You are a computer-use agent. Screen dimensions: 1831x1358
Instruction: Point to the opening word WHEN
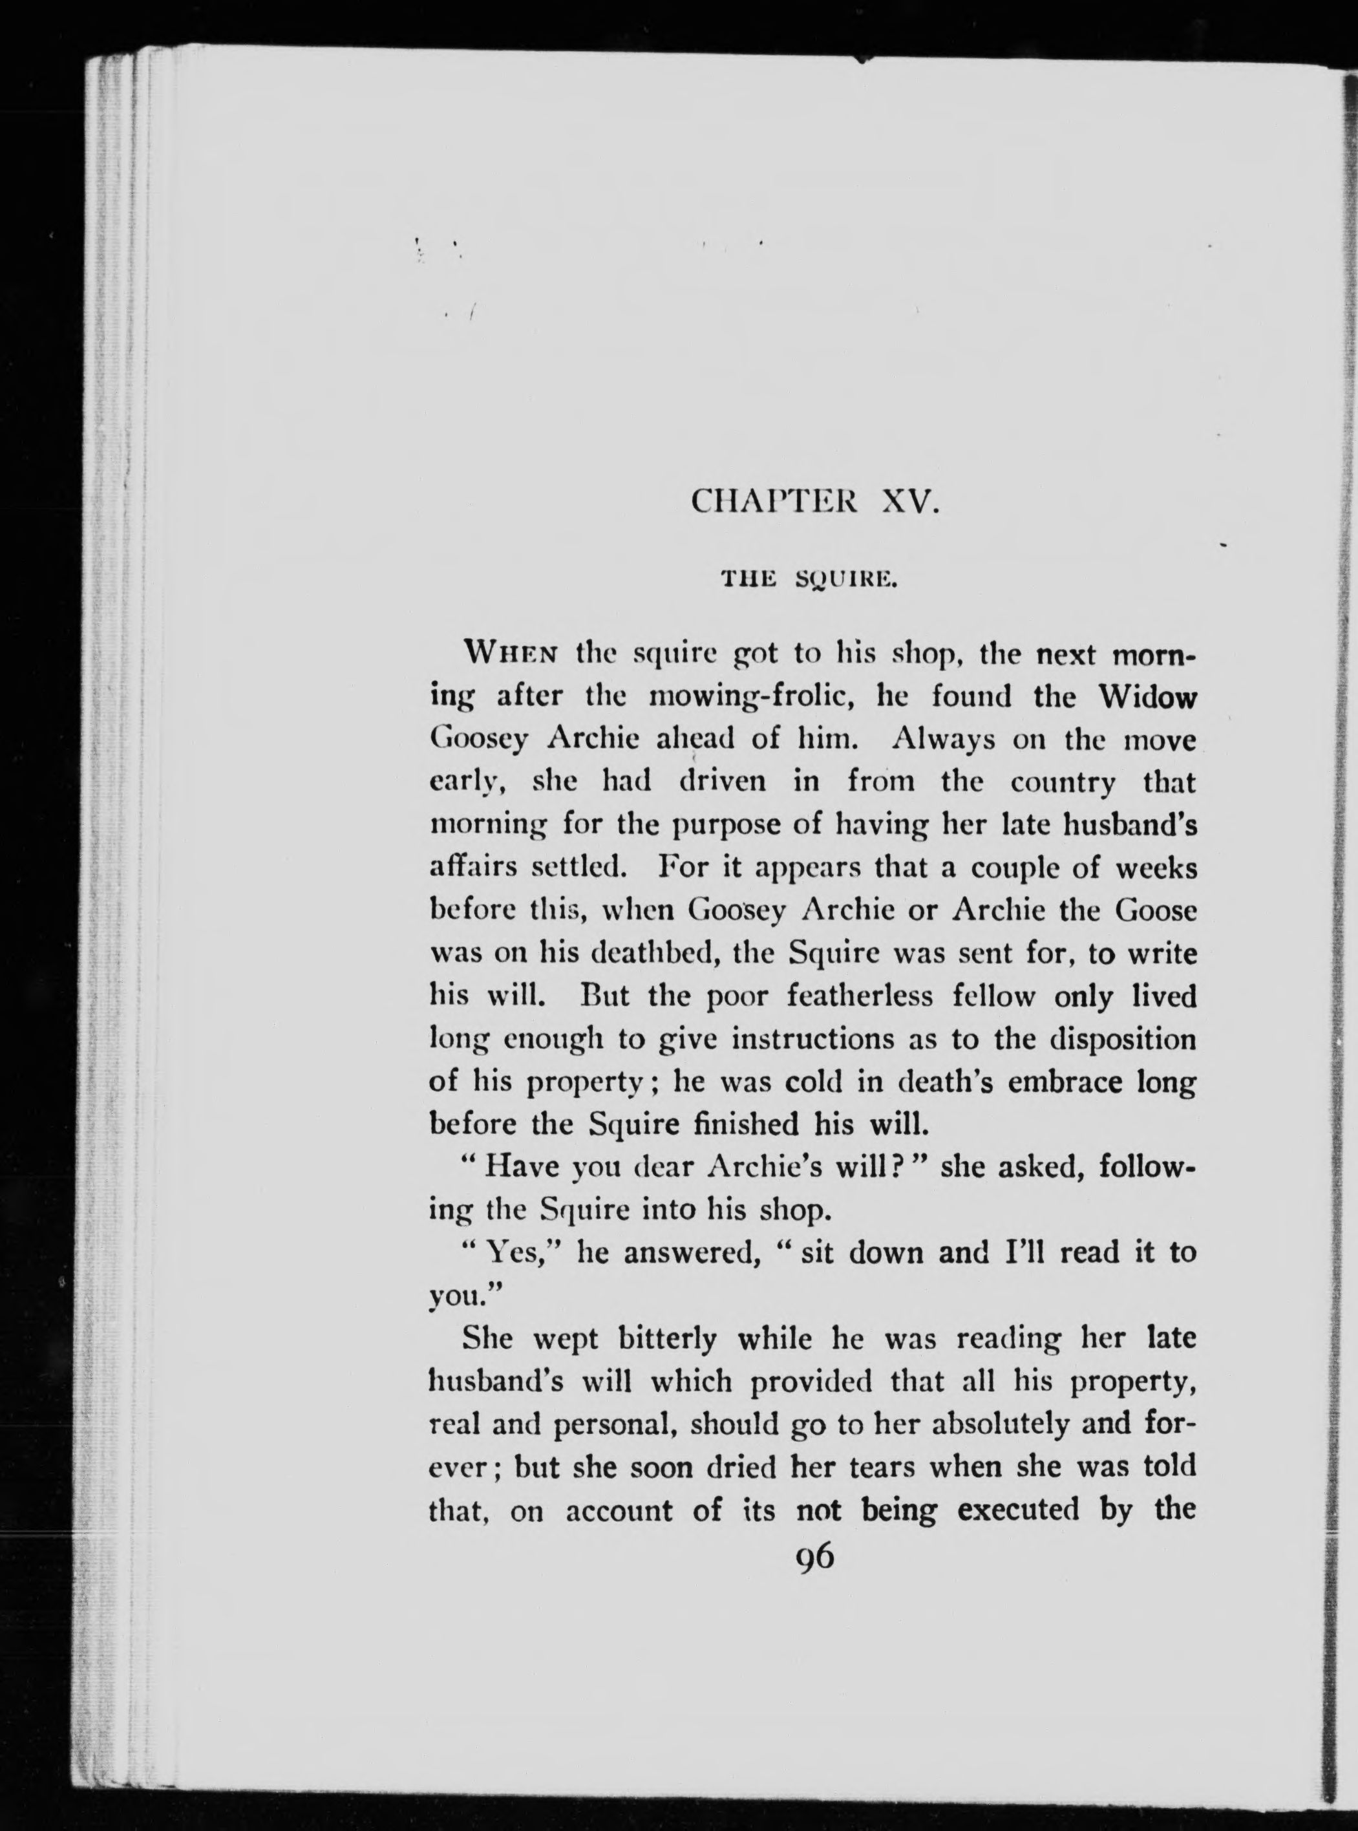click(512, 656)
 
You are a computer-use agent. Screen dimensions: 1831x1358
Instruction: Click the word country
click(1063, 783)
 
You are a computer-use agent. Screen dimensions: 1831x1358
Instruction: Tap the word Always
click(943, 740)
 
